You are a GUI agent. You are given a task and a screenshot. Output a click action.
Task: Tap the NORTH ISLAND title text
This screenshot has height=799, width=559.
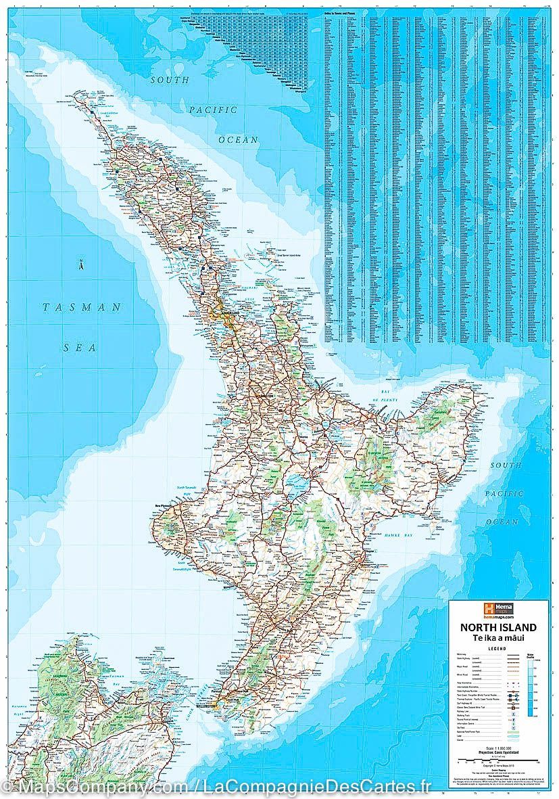click(x=498, y=627)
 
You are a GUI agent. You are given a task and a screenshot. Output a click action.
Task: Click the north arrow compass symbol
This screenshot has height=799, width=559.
click(x=80, y=265)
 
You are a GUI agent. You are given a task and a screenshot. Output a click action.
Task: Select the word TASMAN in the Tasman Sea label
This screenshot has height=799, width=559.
click(x=82, y=307)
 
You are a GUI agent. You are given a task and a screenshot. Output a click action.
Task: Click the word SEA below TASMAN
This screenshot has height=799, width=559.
click(x=80, y=348)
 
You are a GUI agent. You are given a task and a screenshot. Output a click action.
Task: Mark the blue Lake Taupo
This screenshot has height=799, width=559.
click(x=295, y=482)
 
